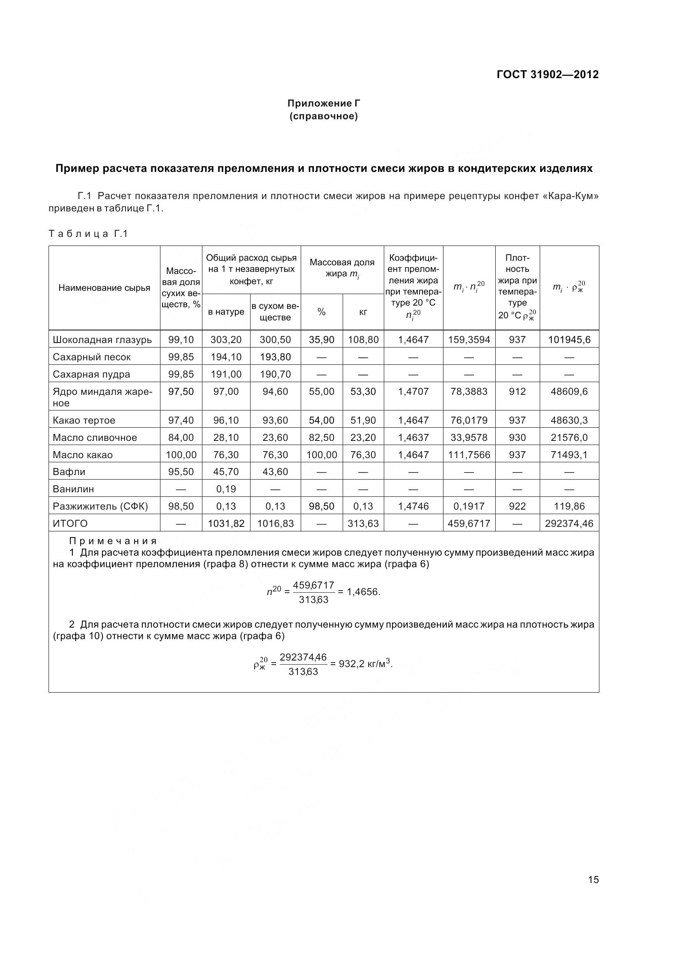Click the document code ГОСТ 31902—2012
click(x=547, y=74)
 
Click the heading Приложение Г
click(x=323, y=103)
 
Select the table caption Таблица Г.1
click(x=88, y=234)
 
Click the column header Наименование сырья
click(x=104, y=288)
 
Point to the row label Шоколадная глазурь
click(x=102, y=340)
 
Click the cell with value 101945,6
click(x=569, y=340)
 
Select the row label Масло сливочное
click(x=95, y=438)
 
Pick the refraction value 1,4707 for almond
click(x=413, y=392)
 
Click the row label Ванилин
click(x=73, y=489)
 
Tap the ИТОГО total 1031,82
click(x=226, y=524)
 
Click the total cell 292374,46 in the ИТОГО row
click(x=569, y=524)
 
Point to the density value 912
click(x=517, y=392)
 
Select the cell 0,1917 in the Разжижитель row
click(x=469, y=507)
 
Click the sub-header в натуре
click(x=226, y=312)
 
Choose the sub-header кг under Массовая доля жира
click(x=363, y=312)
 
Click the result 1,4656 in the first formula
click(x=363, y=592)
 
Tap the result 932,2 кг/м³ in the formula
click(x=365, y=664)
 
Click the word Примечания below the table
click(x=113, y=541)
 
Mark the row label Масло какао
click(x=83, y=455)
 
